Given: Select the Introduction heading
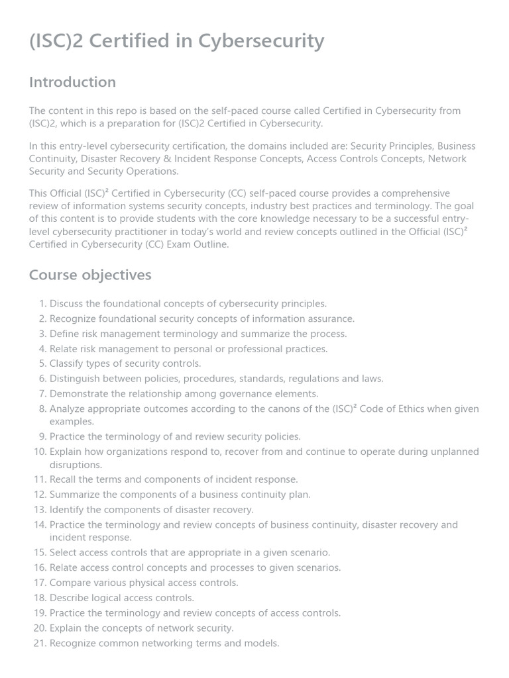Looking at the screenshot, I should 72,82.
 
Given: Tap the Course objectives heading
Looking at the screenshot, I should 90,275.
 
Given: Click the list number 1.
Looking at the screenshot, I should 42,304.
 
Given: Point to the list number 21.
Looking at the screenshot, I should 39,643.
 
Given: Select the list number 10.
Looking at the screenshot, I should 39,452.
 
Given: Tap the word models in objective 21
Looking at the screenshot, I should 261,643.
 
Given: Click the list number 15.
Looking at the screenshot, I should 39,552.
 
